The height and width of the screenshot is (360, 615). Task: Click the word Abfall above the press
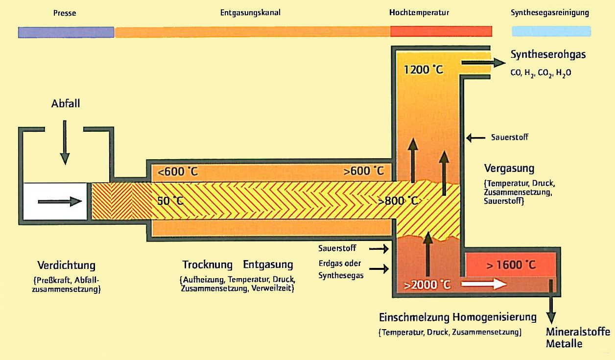click(66, 103)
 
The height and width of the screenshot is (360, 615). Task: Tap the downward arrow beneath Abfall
click(65, 142)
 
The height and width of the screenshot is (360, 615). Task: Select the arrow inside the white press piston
click(60, 202)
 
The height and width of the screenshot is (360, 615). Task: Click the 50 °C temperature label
click(170, 201)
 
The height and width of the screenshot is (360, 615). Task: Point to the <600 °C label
click(178, 171)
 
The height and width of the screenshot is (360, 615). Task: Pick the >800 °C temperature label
click(398, 201)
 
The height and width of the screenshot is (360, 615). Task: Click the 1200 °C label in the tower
click(424, 70)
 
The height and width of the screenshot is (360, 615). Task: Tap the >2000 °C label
click(427, 285)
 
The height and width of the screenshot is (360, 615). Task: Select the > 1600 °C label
click(511, 265)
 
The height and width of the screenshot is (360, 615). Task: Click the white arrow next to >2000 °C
click(484, 284)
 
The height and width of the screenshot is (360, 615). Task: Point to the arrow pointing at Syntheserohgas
click(483, 63)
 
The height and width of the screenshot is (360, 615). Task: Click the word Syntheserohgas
click(548, 54)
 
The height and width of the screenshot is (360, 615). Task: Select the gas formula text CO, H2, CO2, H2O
click(541, 73)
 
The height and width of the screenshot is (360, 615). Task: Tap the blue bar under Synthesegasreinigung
click(551, 31)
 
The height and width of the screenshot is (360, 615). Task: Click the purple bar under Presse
click(66, 32)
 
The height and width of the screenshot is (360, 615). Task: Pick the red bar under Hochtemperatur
click(441, 31)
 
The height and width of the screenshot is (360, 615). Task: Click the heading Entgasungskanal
click(250, 13)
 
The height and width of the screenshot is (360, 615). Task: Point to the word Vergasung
click(509, 168)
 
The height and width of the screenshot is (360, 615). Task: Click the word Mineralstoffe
click(578, 332)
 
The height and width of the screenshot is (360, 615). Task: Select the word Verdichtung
click(67, 265)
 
